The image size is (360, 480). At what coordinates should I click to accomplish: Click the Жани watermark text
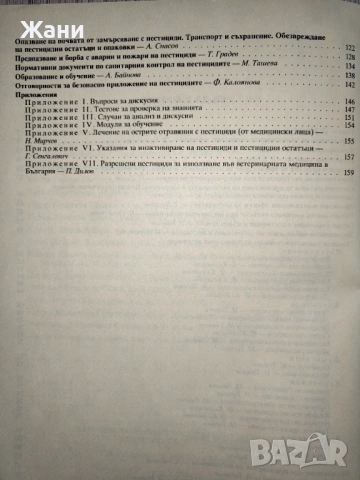tap(33, 17)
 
